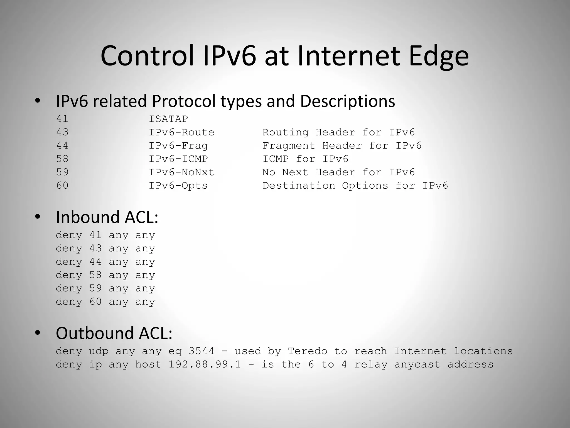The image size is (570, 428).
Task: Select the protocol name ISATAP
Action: coord(168,119)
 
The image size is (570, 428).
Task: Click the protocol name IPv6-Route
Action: coord(181,132)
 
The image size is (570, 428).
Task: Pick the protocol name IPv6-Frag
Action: coord(178,146)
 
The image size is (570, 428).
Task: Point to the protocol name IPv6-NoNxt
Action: coord(181,172)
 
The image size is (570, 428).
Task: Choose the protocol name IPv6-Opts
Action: coord(178,186)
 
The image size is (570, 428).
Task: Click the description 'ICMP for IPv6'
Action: coord(305,159)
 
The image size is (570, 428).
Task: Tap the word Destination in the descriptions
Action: coord(299,186)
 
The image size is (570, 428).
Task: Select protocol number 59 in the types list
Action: coord(62,172)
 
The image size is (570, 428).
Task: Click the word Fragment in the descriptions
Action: coord(289,146)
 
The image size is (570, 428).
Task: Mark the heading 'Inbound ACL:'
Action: coord(107,217)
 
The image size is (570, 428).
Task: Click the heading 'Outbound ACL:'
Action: coord(114,333)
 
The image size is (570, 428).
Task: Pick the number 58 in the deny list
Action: coord(95,275)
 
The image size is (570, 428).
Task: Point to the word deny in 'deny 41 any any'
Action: coord(69,235)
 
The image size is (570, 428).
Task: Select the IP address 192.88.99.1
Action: coord(205,364)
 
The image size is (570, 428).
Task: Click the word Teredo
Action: coord(308,351)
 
